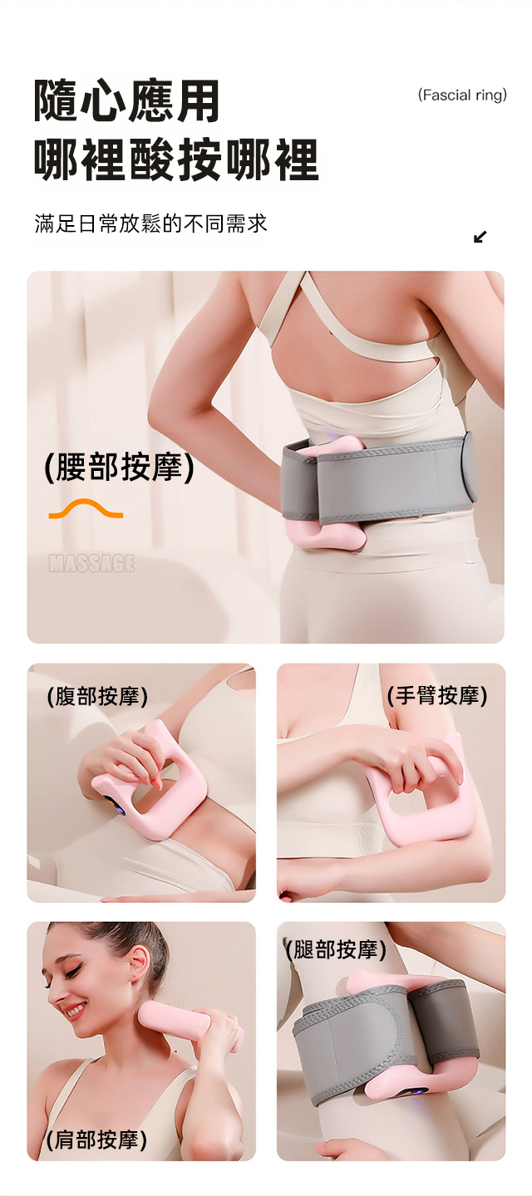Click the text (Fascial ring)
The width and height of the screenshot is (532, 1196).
(x=462, y=96)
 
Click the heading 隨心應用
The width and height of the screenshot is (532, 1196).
(x=127, y=101)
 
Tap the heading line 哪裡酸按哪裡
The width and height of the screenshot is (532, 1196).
(x=176, y=159)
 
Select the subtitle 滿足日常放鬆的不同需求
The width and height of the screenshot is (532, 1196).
(x=150, y=223)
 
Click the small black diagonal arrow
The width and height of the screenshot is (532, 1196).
(x=480, y=237)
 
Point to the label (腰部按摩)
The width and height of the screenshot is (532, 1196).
(x=119, y=467)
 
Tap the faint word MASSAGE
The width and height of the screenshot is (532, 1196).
(x=91, y=563)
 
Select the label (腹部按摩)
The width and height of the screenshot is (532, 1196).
(x=96, y=697)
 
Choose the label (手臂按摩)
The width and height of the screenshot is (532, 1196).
(x=437, y=696)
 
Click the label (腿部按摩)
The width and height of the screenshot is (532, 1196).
(x=335, y=949)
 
